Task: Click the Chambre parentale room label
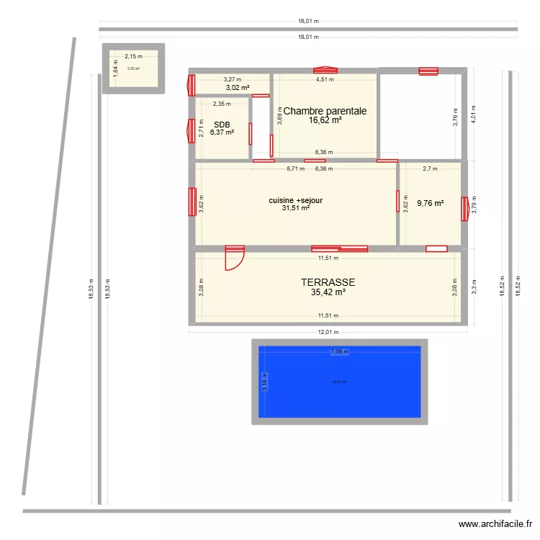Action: [325, 111]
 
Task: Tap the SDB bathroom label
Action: [221, 124]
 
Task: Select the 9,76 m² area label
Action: [430, 203]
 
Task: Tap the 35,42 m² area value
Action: [328, 293]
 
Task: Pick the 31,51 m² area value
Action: [295, 208]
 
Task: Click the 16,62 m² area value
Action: [325, 121]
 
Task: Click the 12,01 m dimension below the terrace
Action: [328, 333]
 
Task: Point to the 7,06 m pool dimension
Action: [339, 352]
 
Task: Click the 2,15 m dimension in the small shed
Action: [133, 55]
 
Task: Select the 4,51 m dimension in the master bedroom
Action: [325, 80]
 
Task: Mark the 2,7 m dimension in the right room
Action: [430, 169]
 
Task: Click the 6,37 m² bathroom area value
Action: [222, 132]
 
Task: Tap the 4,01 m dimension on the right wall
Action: [473, 115]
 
